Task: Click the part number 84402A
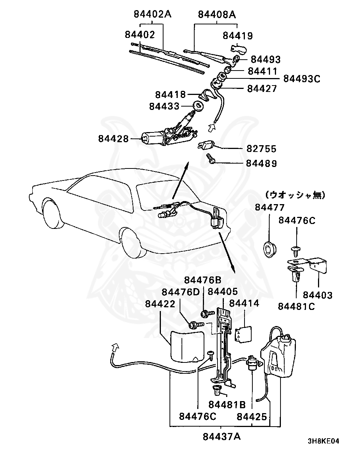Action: pos(152,14)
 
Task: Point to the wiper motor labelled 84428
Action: pos(157,137)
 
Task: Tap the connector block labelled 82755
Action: pos(206,145)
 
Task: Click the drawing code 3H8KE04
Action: pos(323,441)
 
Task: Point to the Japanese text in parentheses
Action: pos(295,195)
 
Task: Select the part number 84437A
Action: pos(222,437)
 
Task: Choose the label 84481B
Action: pos(227,405)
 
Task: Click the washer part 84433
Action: pos(198,106)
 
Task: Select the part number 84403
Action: pos(318,295)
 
